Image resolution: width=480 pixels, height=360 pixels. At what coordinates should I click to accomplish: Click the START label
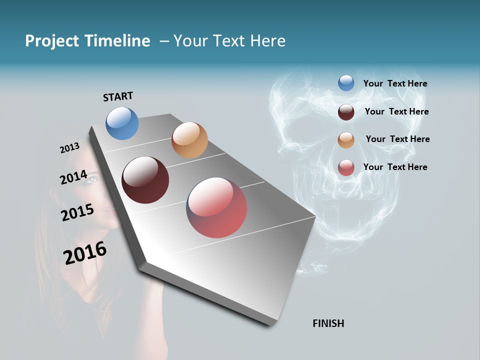(x=118, y=96)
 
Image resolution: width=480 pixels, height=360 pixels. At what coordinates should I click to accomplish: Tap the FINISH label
(x=328, y=323)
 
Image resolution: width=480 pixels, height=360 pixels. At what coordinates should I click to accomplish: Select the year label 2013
(x=69, y=148)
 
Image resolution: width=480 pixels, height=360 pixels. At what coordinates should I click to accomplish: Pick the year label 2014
(x=73, y=177)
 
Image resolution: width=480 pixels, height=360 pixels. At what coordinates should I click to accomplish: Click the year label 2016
(x=85, y=253)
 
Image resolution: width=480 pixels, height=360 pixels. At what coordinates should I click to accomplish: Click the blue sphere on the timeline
(x=122, y=123)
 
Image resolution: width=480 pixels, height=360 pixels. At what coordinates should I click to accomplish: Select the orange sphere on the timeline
(x=189, y=140)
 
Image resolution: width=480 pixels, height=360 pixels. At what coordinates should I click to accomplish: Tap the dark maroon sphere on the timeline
(x=145, y=180)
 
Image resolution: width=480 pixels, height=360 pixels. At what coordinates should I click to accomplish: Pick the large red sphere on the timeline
(x=216, y=207)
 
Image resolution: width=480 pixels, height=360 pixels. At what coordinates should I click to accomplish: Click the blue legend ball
(x=346, y=83)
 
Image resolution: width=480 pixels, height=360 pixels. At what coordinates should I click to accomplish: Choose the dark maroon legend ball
(x=346, y=112)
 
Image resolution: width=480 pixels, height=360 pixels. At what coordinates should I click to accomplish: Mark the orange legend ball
(x=346, y=140)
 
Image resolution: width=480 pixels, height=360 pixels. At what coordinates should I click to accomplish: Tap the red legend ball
(x=346, y=167)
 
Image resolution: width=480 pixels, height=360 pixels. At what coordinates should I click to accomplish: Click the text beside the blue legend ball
(x=395, y=83)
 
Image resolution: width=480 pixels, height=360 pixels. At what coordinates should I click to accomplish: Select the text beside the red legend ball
(x=395, y=167)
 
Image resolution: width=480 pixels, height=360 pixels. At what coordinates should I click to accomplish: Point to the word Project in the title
(x=51, y=41)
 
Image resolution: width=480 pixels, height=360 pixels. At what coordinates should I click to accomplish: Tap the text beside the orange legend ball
(x=397, y=139)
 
